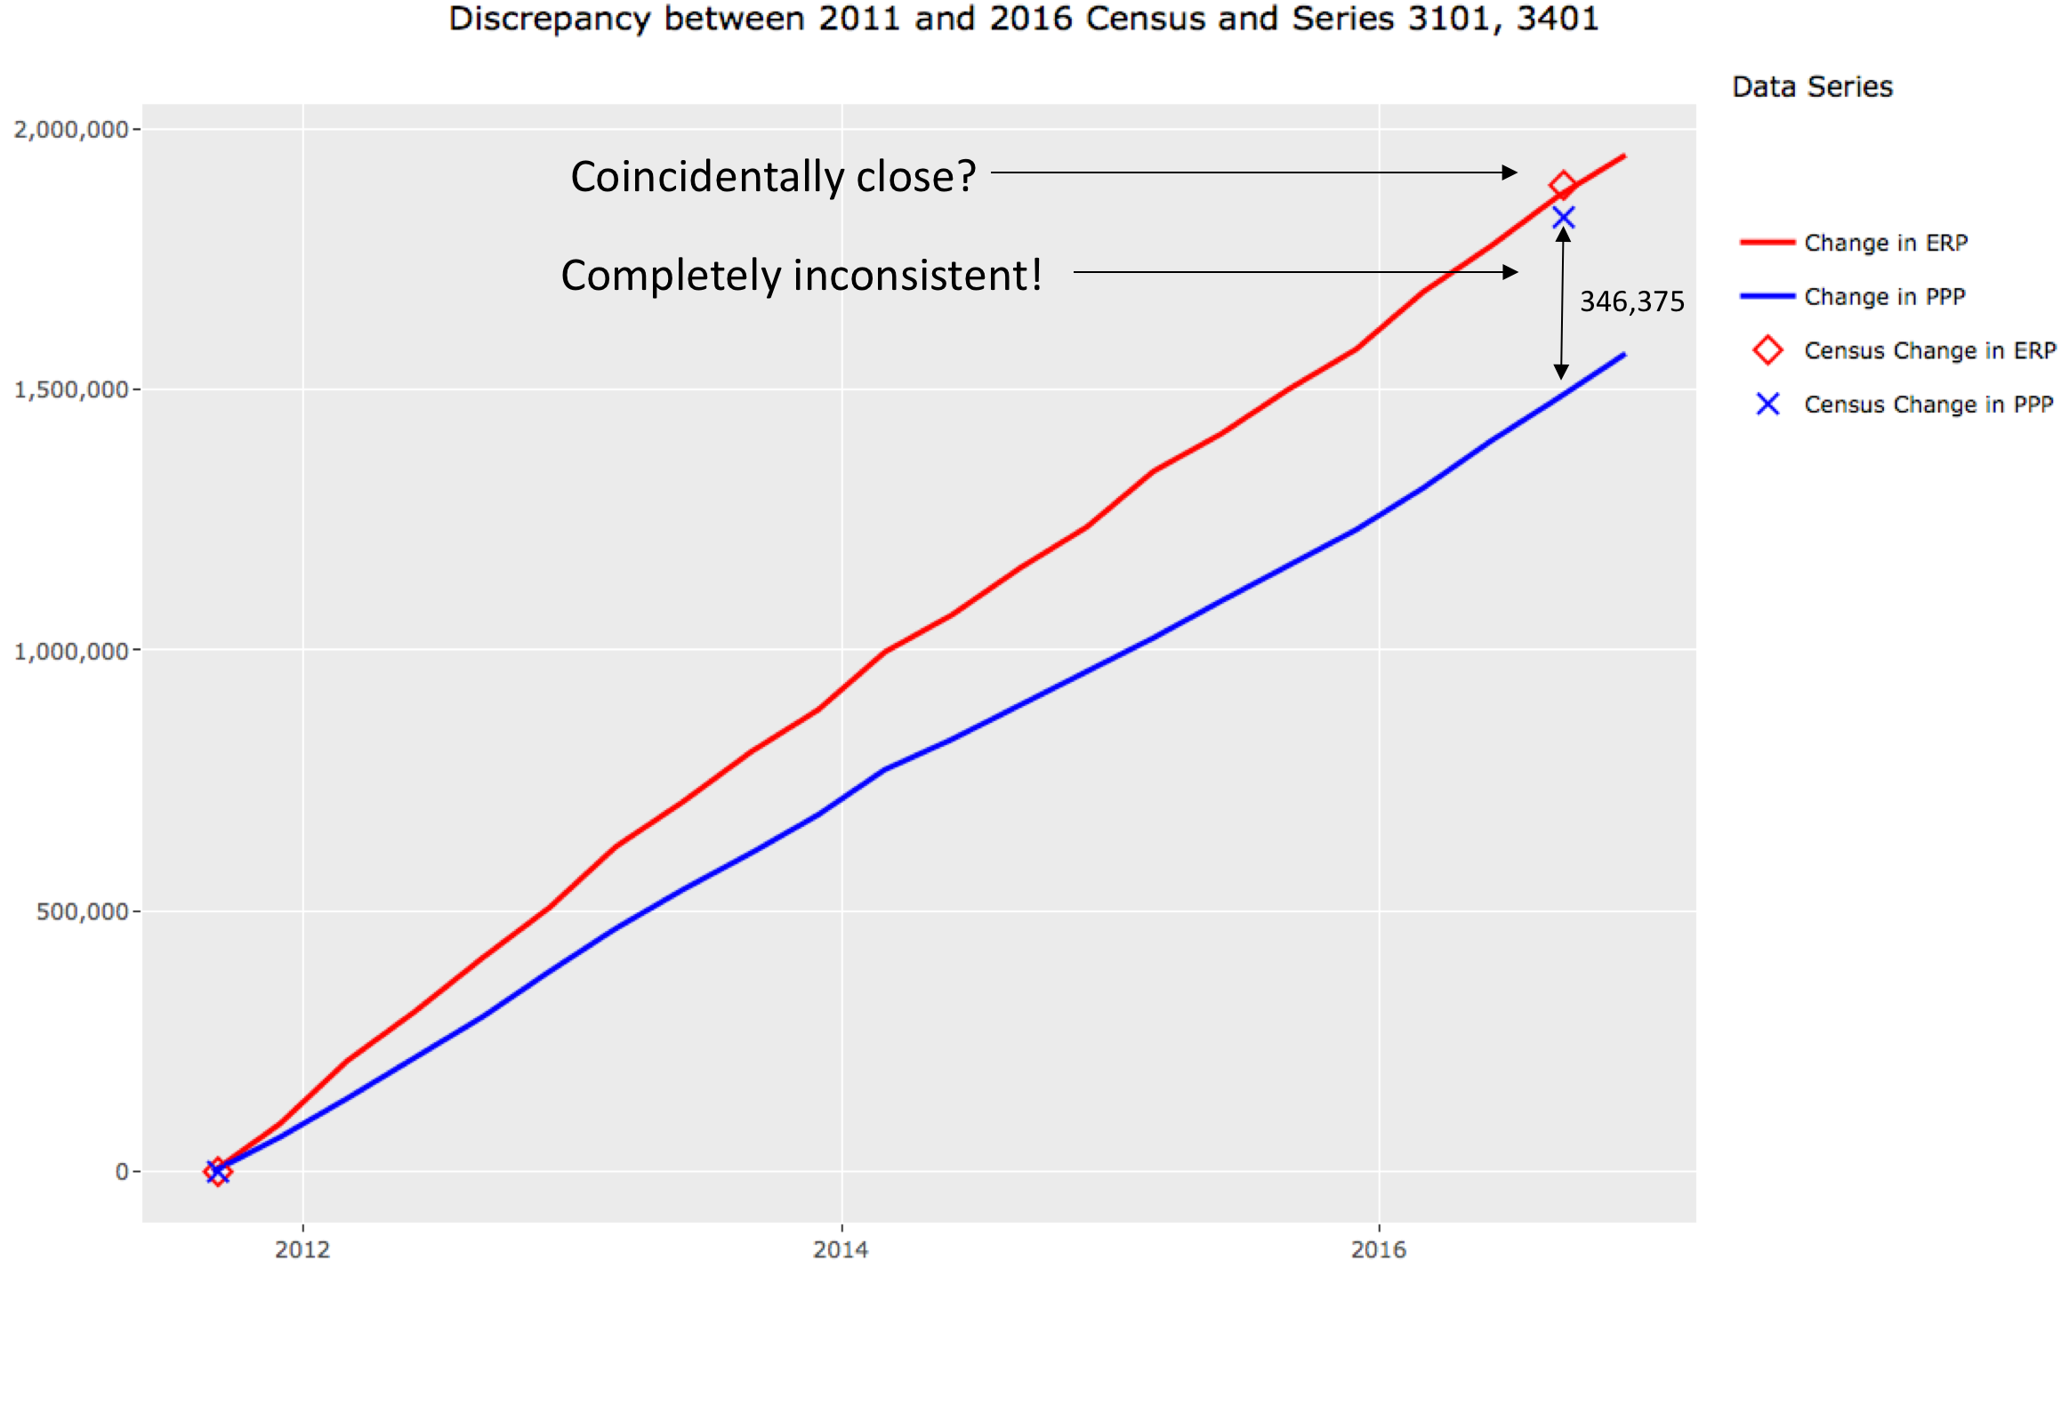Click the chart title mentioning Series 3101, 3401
[x=1023, y=20]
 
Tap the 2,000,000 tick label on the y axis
[x=70, y=130]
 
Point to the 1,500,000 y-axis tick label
[x=70, y=390]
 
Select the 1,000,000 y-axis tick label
[x=70, y=652]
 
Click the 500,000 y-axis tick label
[x=83, y=911]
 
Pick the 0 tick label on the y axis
[x=123, y=1172]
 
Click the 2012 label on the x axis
[x=302, y=1250]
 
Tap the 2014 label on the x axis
[x=841, y=1250]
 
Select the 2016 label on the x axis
[x=1378, y=1250]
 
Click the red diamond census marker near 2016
[x=1563, y=185]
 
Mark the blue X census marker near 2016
[x=1564, y=218]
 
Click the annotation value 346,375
[x=1631, y=302]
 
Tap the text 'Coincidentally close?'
[x=773, y=176]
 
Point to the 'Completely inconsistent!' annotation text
[x=801, y=275]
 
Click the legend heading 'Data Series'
[x=1812, y=87]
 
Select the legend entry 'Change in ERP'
[x=1886, y=243]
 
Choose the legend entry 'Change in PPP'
[x=1884, y=297]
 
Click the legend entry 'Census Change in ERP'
[x=1929, y=350]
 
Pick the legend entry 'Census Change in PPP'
[x=1928, y=405]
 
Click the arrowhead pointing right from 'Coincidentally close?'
[x=1509, y=172]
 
